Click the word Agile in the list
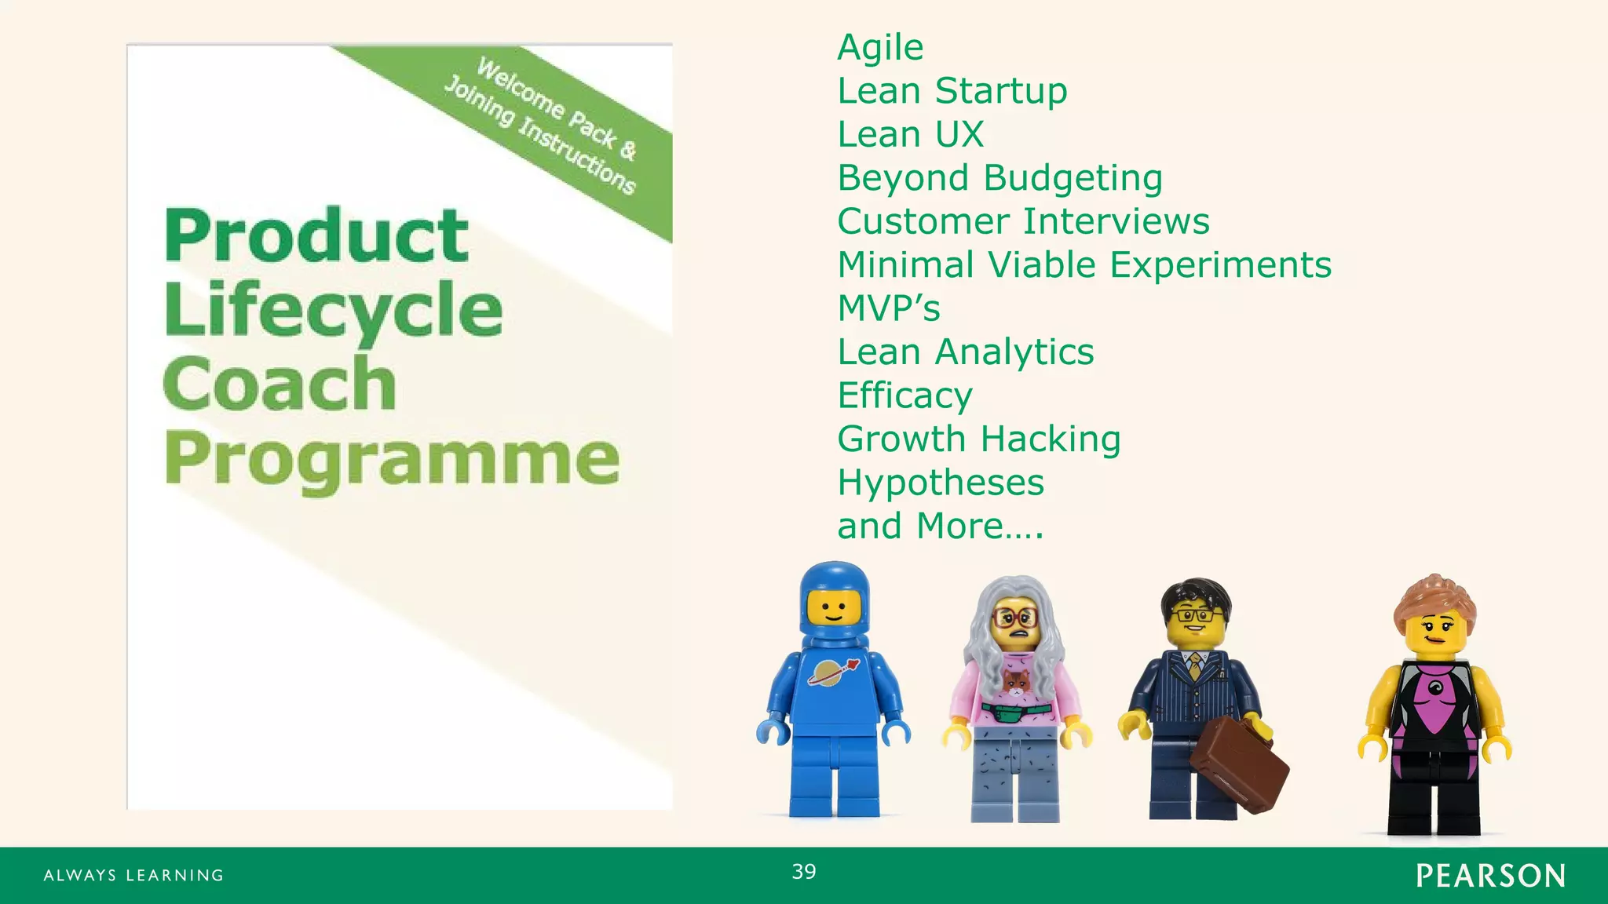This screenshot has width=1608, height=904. [x=880, y=48]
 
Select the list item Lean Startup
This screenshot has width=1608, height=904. [x=952, y=91]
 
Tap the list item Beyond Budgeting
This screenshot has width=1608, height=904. [x=1000, y=178]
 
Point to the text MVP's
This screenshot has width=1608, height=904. [x=888, y=308]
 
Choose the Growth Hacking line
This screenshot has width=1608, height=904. [x=978, y=439]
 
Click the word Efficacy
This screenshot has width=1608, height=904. [x=904, y=395]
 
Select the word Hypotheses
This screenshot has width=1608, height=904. [x=941, y=483]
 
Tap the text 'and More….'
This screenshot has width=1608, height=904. [x=940, y=526]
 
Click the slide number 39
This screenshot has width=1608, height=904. [x=804, y=872]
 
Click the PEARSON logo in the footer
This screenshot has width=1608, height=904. [x=1490, y=876]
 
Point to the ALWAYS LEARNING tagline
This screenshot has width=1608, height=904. [x=133, y=876]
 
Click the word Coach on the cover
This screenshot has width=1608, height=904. [x=280, y=384]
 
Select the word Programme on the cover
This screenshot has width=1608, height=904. [x=391, y=459]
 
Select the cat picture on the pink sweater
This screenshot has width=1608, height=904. [x=1016, y=685]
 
